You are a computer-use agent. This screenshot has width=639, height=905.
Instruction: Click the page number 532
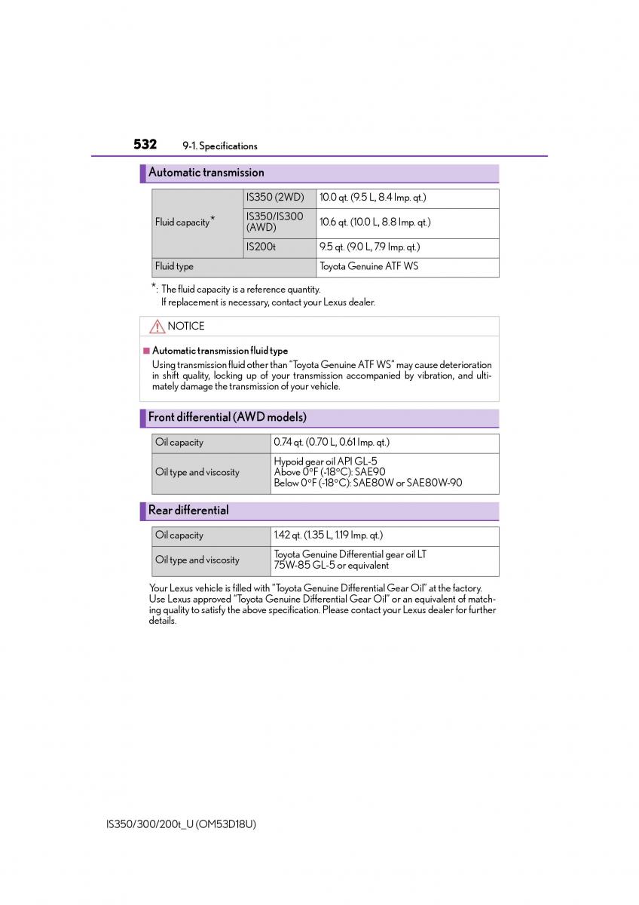point(145,144)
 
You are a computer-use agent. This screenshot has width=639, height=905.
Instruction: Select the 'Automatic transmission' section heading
point(206,173)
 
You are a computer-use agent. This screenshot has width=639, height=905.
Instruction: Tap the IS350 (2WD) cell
point(275,198)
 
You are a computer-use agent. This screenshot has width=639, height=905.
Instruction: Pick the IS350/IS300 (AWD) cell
point(275,222)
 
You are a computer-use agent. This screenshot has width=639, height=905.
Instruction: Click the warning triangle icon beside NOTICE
point(157,327)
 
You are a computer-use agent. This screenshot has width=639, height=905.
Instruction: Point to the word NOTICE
point(186,327)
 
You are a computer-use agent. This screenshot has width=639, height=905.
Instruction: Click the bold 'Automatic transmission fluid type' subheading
point(220,351)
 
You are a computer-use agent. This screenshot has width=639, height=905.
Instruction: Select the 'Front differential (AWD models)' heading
point(227,417)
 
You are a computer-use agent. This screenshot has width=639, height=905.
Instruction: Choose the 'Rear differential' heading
point(188,511)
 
